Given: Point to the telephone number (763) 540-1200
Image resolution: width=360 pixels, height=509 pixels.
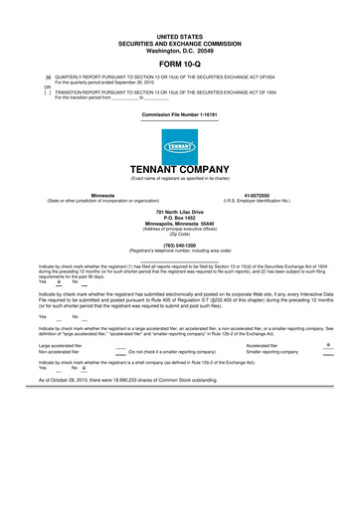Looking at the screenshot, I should [x=179, y=245].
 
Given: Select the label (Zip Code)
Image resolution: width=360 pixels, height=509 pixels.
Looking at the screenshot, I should [x=179, y=234].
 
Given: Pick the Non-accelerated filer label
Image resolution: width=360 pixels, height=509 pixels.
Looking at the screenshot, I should [x=59, y=351].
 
